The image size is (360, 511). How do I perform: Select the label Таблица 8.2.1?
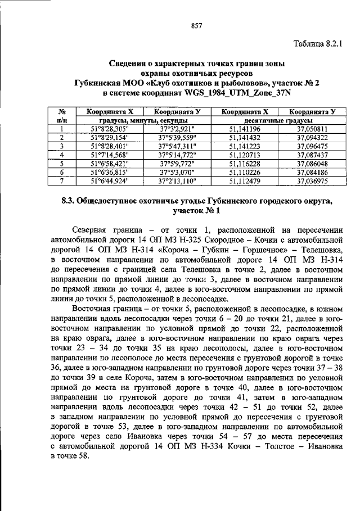(x=318, y=43)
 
